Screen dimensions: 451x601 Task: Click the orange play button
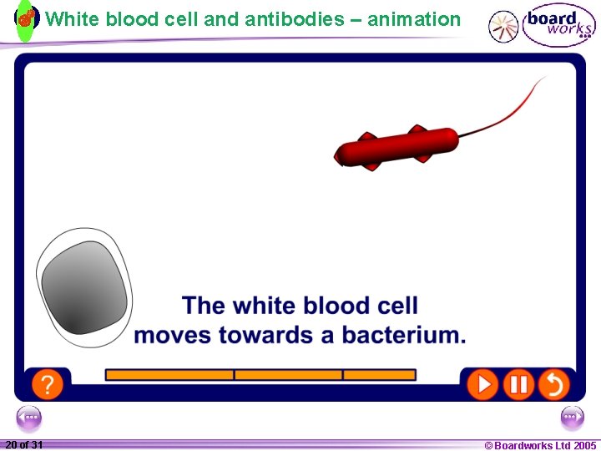[482, 384]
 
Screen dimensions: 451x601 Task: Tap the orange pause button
[518, 384]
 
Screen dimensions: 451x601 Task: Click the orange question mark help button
[48, 384]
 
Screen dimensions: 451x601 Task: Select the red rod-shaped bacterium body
[397, 148]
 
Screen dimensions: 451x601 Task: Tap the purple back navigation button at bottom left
[28, 417]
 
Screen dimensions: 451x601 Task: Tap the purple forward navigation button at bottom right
[573, 417]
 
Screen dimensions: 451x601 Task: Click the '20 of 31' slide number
[24, 445]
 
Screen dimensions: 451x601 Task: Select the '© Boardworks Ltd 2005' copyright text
[540, 445]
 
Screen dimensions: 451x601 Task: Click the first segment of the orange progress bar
[169, 375]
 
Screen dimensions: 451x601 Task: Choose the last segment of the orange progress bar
[379, 375]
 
